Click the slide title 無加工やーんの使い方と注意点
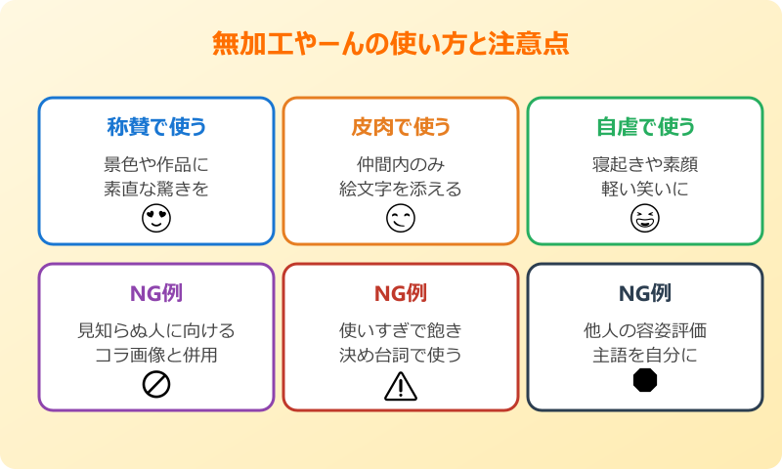pyautogui.click(x=391, y=45)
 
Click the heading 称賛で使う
pyautogui.click(x=156, y=127)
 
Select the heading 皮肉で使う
pyautogui.click(x=401, y=127)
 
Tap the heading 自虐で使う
pyautogui.click(x=645, y=127)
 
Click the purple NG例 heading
pyautogui.click(x=156, y=293)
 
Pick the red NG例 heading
pyautogui.click(x=401, y=293)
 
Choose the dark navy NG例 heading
pyautogui.click(x=645, y=293)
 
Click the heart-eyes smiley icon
pyautogui.click(x=156, y=220)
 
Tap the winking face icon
pyautogui.click(x=401, y=220)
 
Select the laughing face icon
pyautogui.click(x=645, y=220)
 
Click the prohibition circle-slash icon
pyautogui.click(x=156, y=385)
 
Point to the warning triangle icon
pyautogui.click(x=401, y=386)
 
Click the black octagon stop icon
pyautogui.click(x=645, y=381)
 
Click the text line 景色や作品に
pyautogui.click(x=156, y=164)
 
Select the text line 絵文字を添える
pyautogui.click(x=401, y=189)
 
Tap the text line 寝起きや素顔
pyautogui.click(x=645, y=164)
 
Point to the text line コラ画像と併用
pyautogui.click(x=156, y=355)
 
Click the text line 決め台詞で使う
pyautogui.click(x=401, y=355)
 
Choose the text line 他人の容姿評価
pyautogui.click(x=645, y=330)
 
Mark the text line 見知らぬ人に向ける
pyautogui.click(x=156, y=330)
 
